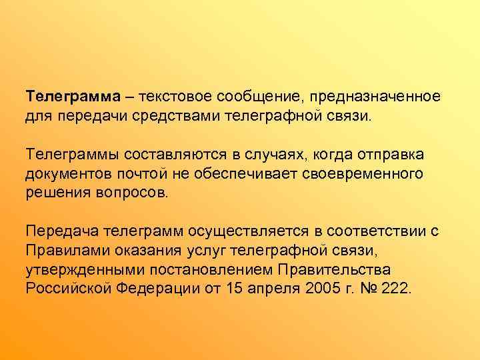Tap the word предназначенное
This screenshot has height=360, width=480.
click(x=376, y=96)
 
